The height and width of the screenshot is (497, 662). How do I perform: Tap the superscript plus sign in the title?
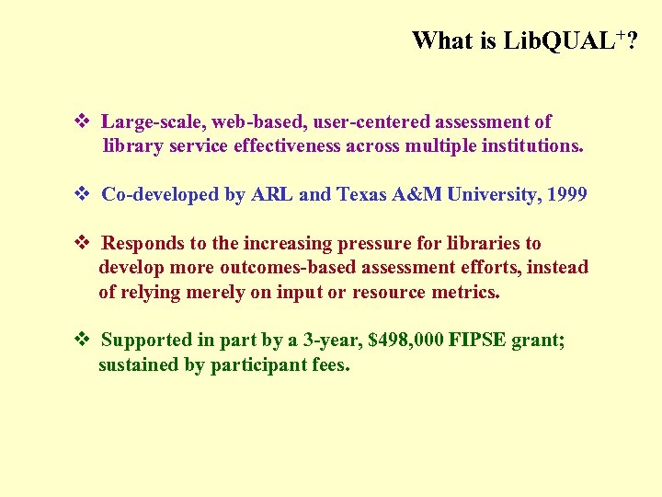point(622,34)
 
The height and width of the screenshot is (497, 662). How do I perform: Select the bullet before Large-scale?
point(80,121)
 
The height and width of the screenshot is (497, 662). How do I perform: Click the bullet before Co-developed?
point(80,194)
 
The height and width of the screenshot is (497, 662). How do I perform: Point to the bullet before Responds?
point(80,243)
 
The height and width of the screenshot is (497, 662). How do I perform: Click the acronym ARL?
point(274,194)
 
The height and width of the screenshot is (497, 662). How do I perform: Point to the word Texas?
point(364,194)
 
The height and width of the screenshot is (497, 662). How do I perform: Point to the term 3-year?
point(331,341)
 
